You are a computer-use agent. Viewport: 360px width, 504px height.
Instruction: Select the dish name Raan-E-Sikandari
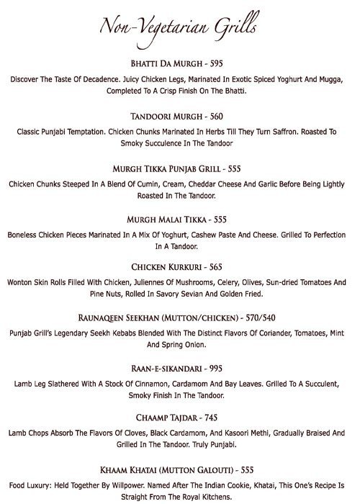pos(163,369)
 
